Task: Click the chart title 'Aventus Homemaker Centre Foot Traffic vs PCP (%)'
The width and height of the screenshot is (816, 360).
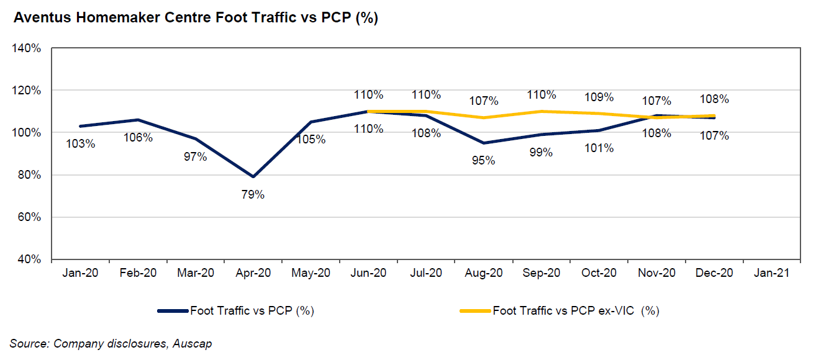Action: [196, 18]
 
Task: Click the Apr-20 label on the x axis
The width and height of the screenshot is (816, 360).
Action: [253, 273]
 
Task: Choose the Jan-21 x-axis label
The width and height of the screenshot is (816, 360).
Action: [771, 273]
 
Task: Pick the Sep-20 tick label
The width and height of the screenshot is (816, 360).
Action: [542, 273]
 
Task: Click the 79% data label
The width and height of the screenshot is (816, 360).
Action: [253, 195]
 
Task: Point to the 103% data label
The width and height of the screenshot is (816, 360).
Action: [81, 144]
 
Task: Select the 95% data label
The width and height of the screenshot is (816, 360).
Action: [484, 161]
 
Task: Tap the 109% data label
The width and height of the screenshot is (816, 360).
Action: [599, 97]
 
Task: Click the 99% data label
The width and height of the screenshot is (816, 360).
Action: [542, 152]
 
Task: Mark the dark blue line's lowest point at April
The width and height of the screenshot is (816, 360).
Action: [253, 177]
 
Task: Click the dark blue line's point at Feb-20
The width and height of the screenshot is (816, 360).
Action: [138, 120]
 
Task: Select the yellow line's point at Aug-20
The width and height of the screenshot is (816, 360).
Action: [484, 118]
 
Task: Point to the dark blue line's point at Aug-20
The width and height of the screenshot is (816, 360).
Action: [484, 143]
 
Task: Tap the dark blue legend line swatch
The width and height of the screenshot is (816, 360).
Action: [173, 311]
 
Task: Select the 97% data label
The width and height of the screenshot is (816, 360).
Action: [196, 156]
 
